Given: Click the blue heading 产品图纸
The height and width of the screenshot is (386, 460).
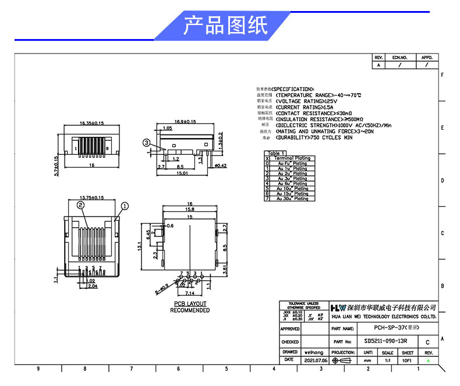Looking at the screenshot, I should [x=225, y=26].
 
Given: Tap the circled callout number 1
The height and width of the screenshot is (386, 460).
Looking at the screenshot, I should [x=125, y=206].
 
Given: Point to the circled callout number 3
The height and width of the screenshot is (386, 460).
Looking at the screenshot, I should [x=147, y=142].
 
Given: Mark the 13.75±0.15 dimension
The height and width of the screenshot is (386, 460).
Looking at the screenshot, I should [x=91, y=198].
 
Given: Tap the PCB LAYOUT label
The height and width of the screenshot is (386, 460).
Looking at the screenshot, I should [x=190, y=304].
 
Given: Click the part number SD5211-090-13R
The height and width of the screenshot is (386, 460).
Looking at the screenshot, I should [x=385, y=342].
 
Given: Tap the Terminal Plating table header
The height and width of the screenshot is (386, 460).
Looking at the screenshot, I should [x=292, y=158].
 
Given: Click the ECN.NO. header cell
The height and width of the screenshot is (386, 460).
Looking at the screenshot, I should [x=399, y=58].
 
